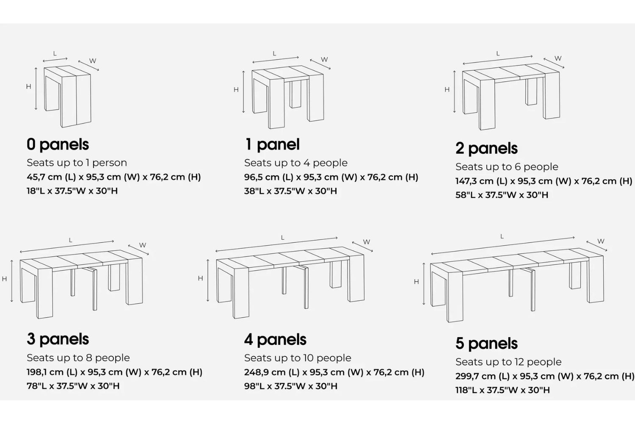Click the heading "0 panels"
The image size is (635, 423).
coord(58,145)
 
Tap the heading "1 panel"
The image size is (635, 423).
coord(272,145)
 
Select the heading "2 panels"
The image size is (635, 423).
coord(487,148)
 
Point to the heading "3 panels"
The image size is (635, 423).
coord(58,339)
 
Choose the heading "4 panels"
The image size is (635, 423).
coord(275,339)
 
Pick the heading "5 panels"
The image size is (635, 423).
coord(487,343)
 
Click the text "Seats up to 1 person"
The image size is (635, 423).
coord(77,162)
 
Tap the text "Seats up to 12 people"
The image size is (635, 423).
coord(508,362)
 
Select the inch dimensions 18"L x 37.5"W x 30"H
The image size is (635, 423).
coord(72,191)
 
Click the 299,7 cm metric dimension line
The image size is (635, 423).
coord(544,376)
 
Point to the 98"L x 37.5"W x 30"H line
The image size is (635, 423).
coord(291,386)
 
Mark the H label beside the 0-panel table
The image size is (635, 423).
coord(28,86)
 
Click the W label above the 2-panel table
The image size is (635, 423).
coord(558,58)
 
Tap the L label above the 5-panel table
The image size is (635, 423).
coord(502,236)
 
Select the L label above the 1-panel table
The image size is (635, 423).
coord(274,54)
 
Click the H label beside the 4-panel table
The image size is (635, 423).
coord(200,278)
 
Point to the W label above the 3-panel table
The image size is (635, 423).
coord(143,245)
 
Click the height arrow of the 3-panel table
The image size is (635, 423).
coord(11,281)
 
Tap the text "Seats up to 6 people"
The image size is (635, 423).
coord(507,167)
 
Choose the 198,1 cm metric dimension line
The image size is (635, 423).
coord(115,372)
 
